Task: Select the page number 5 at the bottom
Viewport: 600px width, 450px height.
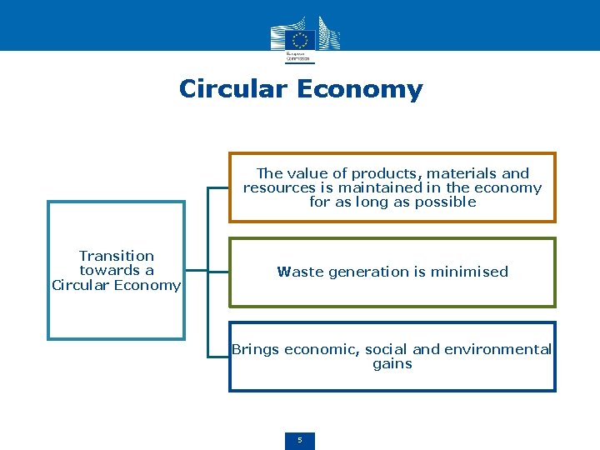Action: coord(300,440)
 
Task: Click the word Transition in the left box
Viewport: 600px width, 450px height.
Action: coord(117,256)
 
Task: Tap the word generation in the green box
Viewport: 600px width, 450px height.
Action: coord(362,272)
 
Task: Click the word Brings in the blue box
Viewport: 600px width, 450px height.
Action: coord(256,350)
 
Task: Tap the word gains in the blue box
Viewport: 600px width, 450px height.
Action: coord(392,364)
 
